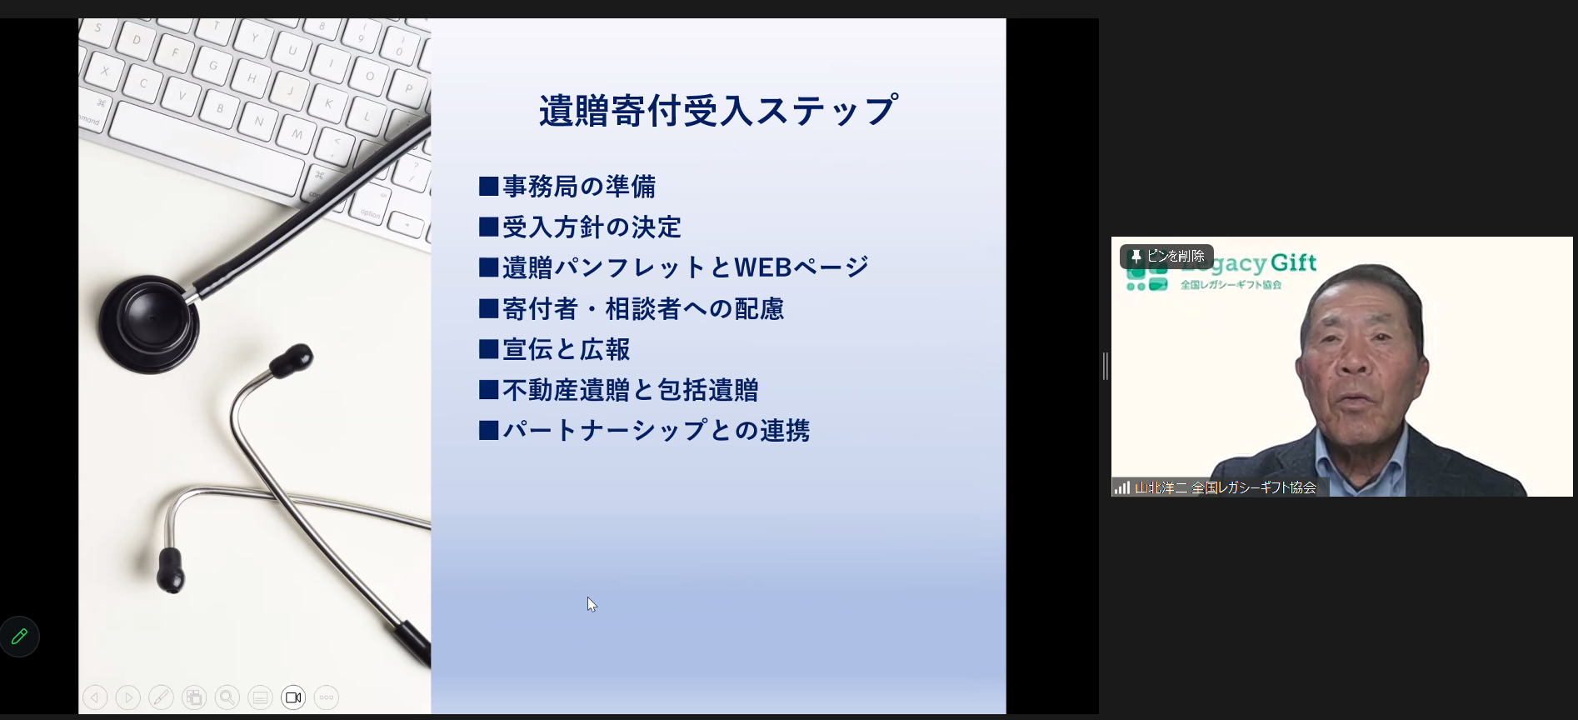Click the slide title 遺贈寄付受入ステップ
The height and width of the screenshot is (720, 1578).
tap(717, 111)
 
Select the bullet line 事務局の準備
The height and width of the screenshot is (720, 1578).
tap(578, 186)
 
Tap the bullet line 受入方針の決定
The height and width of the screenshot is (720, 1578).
tap(591, 227)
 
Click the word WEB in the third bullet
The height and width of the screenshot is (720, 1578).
tap(762, 267)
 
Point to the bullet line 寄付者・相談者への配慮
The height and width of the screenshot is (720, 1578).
tap(642, 308)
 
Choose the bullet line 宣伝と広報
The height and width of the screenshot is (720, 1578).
tap(566, 349)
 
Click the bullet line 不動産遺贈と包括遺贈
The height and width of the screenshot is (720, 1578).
tap(630, 390)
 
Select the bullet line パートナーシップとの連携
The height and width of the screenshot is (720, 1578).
tap(656, 430)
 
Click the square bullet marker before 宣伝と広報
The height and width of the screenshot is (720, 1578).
tap(488, 349)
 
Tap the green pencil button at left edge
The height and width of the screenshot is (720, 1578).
tap(19, 637)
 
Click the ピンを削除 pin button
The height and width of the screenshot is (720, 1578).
tap(1166, 256)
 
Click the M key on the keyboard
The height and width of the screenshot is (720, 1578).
tap(297, 133)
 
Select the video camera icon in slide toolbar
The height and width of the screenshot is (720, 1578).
tap(293, 697)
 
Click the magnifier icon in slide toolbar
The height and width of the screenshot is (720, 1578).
tap(227, 697)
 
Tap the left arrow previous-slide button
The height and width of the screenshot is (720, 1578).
tap(95, 697)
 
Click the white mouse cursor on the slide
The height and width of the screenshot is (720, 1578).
tap(591, 603)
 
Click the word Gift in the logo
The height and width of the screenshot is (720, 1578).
tap(1293, 263)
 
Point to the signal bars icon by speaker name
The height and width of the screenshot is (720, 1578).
tap(1121, 487)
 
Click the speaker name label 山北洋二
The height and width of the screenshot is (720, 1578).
tap(1161, 487)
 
